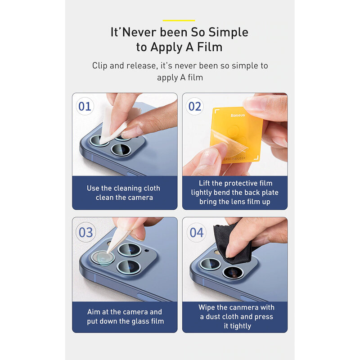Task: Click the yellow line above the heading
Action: pyautogui.click(x=179, y=20)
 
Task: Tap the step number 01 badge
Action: pyautogui.click(x=85, y=106)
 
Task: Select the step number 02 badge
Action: pyautogui.click(x=195, y=106)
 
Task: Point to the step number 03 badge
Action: pyautogui.click(x=85, y=232)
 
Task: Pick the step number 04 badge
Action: pyautogui.click(x=197, y=232)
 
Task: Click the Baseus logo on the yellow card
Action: pyautogui.click(x=238, y=115)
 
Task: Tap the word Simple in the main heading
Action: pyautogui.click(x=228, y=32)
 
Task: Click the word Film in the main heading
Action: pyautogui.click(x=210, y=47)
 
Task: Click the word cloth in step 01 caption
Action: pyautogui.click(x=152, y=188)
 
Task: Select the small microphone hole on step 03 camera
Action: pyautogui.click(x=147, y=250)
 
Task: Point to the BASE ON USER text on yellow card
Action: pyautogui.click(x=234, y=159)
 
